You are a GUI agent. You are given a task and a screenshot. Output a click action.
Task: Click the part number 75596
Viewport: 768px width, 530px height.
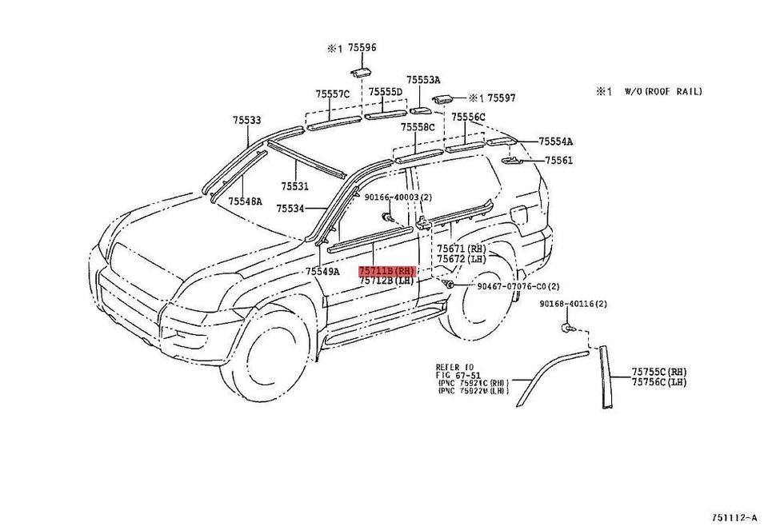pyautogui.click(x=362, y=48)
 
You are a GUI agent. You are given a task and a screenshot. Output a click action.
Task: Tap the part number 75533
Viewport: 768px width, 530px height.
pyautogui.click(x=247, y=120)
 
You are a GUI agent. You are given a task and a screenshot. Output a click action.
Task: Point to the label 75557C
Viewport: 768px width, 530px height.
pyautogui.click(x=333, y=94)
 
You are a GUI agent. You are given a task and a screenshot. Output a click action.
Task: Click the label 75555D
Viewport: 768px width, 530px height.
pyautogui.click(x=385, y=93)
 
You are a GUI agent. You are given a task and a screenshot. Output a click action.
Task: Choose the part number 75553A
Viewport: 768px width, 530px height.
pyautogui.click(x=423, y=80)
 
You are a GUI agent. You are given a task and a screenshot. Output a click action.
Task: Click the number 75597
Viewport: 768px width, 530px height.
pyautogui.click(x=502, y=98)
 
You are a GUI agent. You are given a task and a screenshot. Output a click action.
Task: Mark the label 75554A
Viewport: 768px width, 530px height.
pyautogui.click(x=555, y=141)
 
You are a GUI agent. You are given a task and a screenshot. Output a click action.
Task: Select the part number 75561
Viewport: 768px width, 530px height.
pyautogui.click(x=559, y=161)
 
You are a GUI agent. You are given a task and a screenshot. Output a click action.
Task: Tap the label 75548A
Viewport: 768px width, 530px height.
pyautogui.click(x=245, y=202)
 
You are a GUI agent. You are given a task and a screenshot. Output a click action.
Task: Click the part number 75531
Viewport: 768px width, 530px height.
pyautogui.click(x=294, y=186)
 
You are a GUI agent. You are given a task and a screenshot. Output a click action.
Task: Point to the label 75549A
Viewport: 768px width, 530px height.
pyautogui.click(x=322, y=272)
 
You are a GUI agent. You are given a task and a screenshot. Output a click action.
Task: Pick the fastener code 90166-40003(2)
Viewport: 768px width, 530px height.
pyautogui.click(x=398, y=197)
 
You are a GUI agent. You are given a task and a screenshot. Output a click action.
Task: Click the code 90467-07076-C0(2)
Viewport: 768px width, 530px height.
pyautogui.click(x=518, y=286)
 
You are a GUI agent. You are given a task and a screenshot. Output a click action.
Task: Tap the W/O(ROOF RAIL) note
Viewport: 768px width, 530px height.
pyautogui.click(x=663, y=92)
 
